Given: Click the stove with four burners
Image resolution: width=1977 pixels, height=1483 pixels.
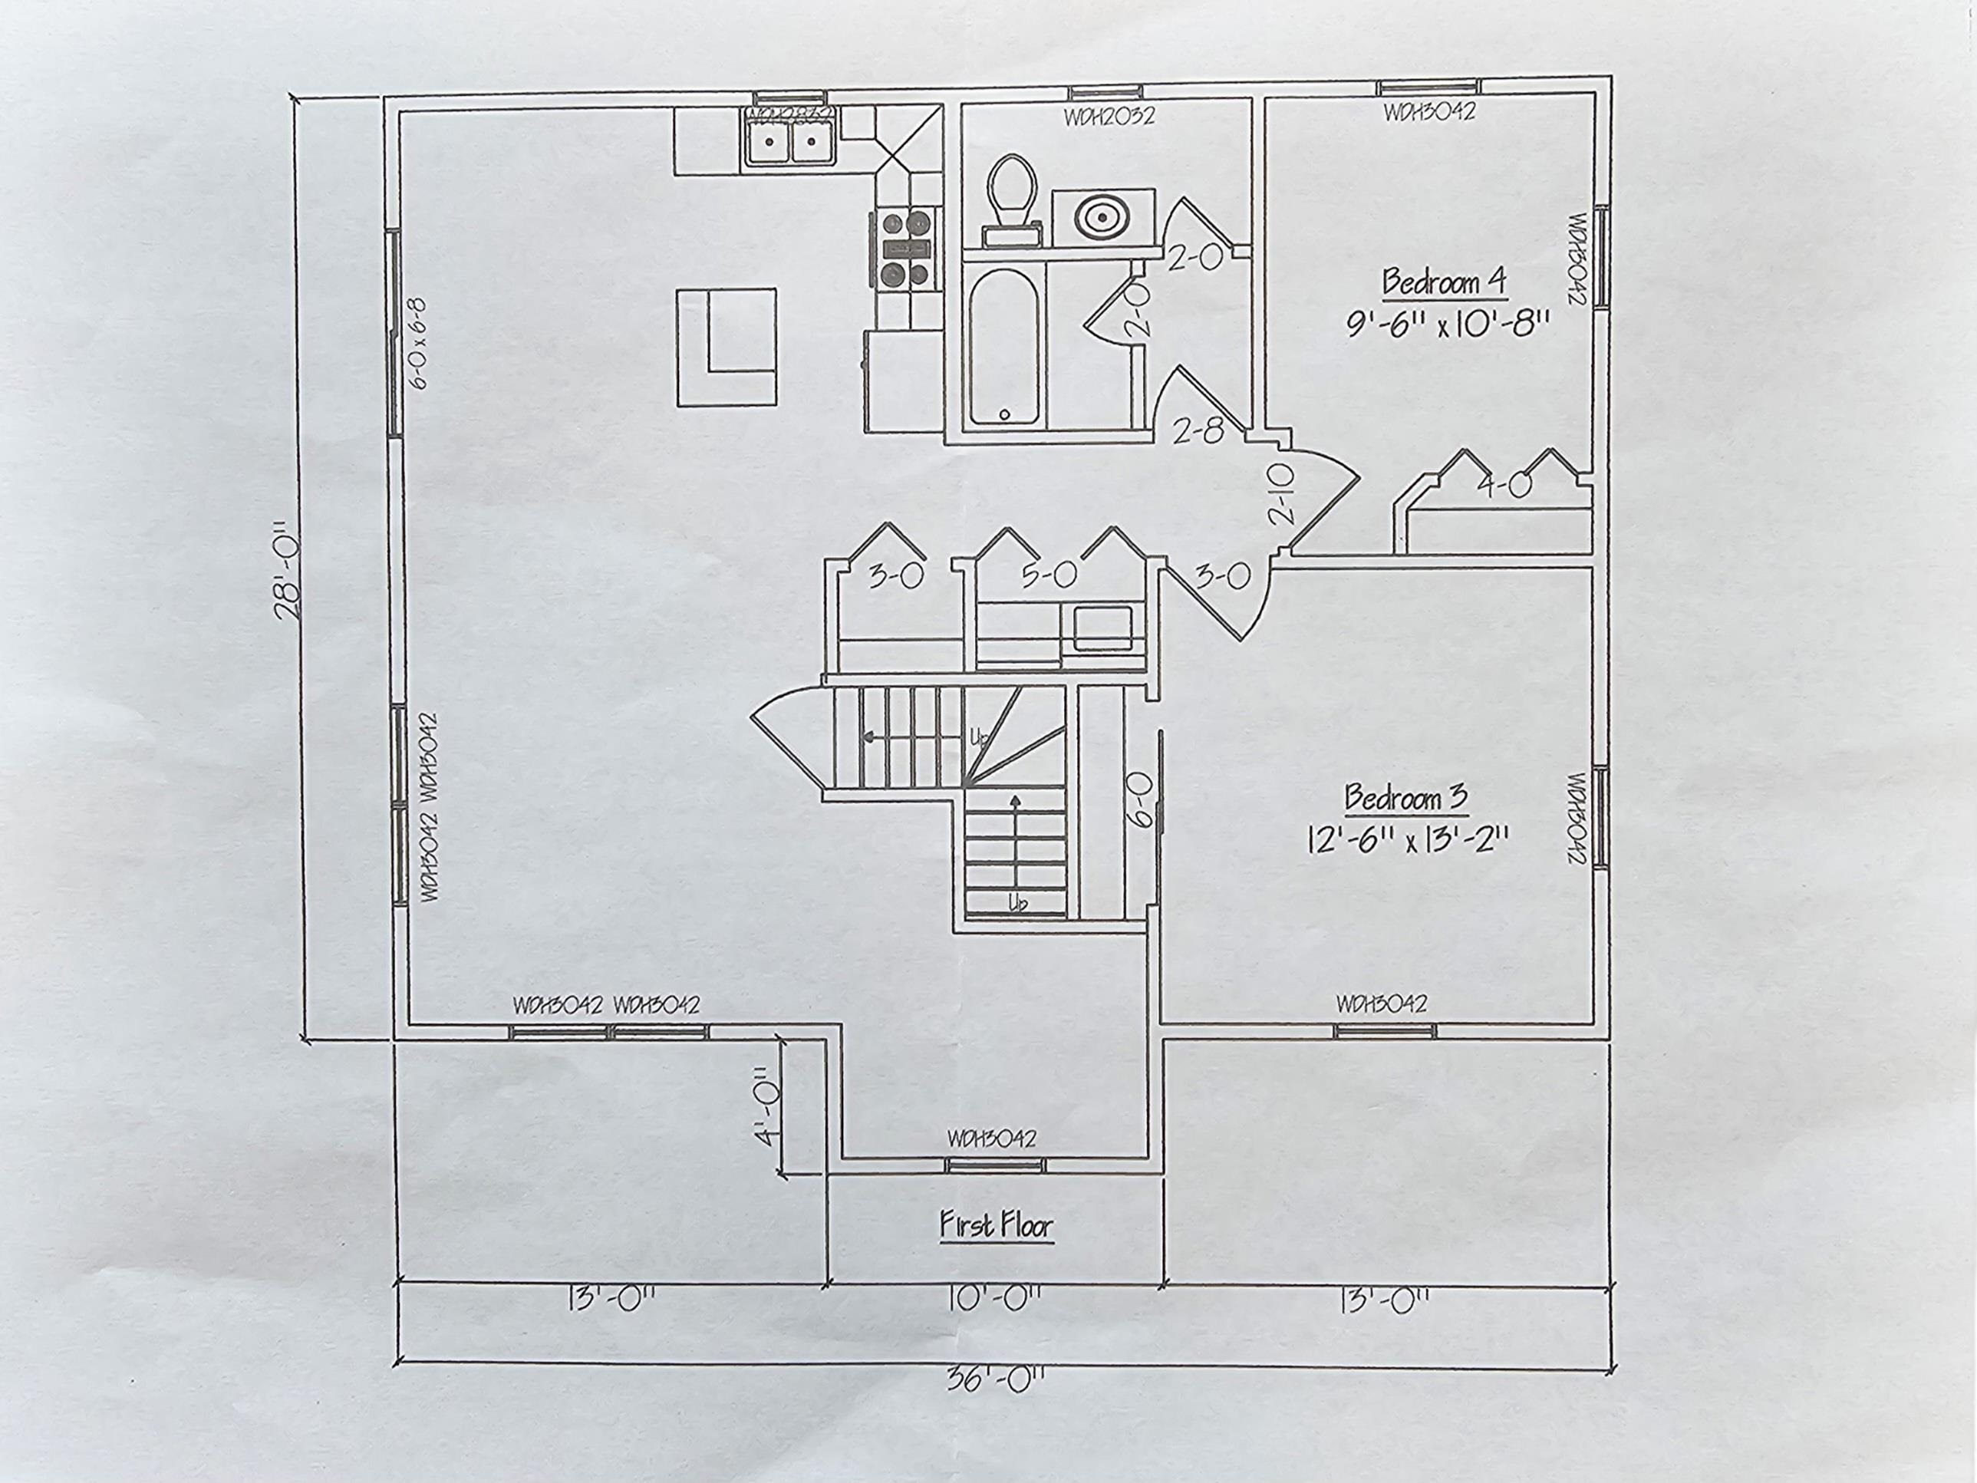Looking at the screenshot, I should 906,248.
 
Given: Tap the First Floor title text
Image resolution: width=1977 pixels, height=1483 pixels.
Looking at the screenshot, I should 996,1224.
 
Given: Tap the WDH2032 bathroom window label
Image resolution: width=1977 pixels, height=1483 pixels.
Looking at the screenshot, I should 1109,116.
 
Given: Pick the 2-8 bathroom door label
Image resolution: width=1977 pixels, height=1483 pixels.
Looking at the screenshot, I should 1198,433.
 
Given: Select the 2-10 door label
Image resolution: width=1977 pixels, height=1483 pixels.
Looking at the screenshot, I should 1282,495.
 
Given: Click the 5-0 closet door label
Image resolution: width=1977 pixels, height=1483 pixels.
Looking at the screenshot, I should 1049,575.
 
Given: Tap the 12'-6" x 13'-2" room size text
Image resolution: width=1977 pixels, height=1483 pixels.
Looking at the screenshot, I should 1407,840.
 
